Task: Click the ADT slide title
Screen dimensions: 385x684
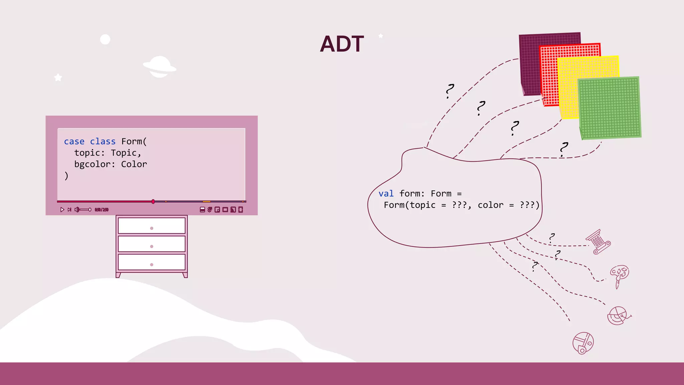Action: pyautogui.click(x=342, y=44)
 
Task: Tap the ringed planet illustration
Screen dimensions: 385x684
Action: pyautogui.click(x=160, y=67)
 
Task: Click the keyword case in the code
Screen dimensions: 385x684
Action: pyautogui.click(x=74, y=141)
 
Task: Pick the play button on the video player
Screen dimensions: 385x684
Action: pyautogui.click(x=62, y=210)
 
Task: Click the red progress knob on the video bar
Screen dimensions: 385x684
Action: pyautogui.click(x=153, y=202)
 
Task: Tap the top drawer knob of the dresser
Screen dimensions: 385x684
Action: pyautogui.click(x=152, y=228)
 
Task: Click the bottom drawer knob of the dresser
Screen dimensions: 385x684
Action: pyautogui.click(x=152, y=265)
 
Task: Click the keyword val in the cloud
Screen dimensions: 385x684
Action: pyautogui.click(x=386, y=194)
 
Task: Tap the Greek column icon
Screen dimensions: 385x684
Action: pyautogui.click(x=598, y=242)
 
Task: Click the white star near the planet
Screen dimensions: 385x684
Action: pyautogui.click(x=58, y=78)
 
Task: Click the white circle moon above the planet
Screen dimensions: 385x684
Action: pyautogui.click(x=105, y=39)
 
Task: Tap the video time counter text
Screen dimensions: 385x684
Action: pyautogui.click(x=102, y=210)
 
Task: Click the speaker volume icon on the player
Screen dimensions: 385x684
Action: pyautogui.click(x=77, y=210)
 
